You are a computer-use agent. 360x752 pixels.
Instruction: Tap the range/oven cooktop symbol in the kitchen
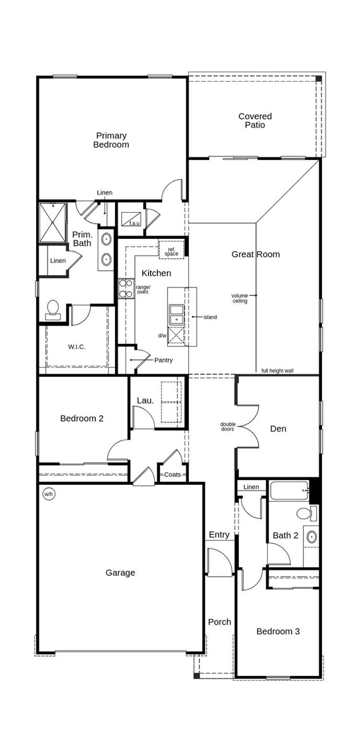pyautogui.click(x=126, y=288)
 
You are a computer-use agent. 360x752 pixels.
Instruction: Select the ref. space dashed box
pyautogui.click(x=171, y=249)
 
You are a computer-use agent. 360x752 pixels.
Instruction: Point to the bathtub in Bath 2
pyautogui.click(x=289, y=491)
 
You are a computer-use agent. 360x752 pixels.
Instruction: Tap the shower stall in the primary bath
pyautogui.click(x=53, y=222)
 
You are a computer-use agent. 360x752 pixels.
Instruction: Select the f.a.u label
pyautogui.click(x=134, y=223)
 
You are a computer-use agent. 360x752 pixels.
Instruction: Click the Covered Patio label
pyautogui.click(x=255, y=121)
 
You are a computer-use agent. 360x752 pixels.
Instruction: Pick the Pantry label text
pyautogui.click(x=163, y=360)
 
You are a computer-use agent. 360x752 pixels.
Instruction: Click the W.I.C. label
pyautogui.click(x=76, y=347)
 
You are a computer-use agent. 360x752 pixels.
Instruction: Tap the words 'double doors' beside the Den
pyautogui.click(x=228, y=426)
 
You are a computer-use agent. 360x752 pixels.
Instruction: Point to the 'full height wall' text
pyautogui.click(x=277, y=371)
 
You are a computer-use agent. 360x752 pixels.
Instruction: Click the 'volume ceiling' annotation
pyautogui.click(x=240, y=298)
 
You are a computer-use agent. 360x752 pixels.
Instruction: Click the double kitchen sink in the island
pyautogui.click(x=177, y=315)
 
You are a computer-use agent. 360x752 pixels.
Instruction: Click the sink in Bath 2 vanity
pyautogui.click(x=312, y=537)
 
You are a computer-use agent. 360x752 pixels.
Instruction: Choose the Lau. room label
pyautogui.click(x=145, y=401)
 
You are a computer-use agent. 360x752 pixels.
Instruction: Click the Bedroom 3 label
pyautogui.click(x=278, y=631)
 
